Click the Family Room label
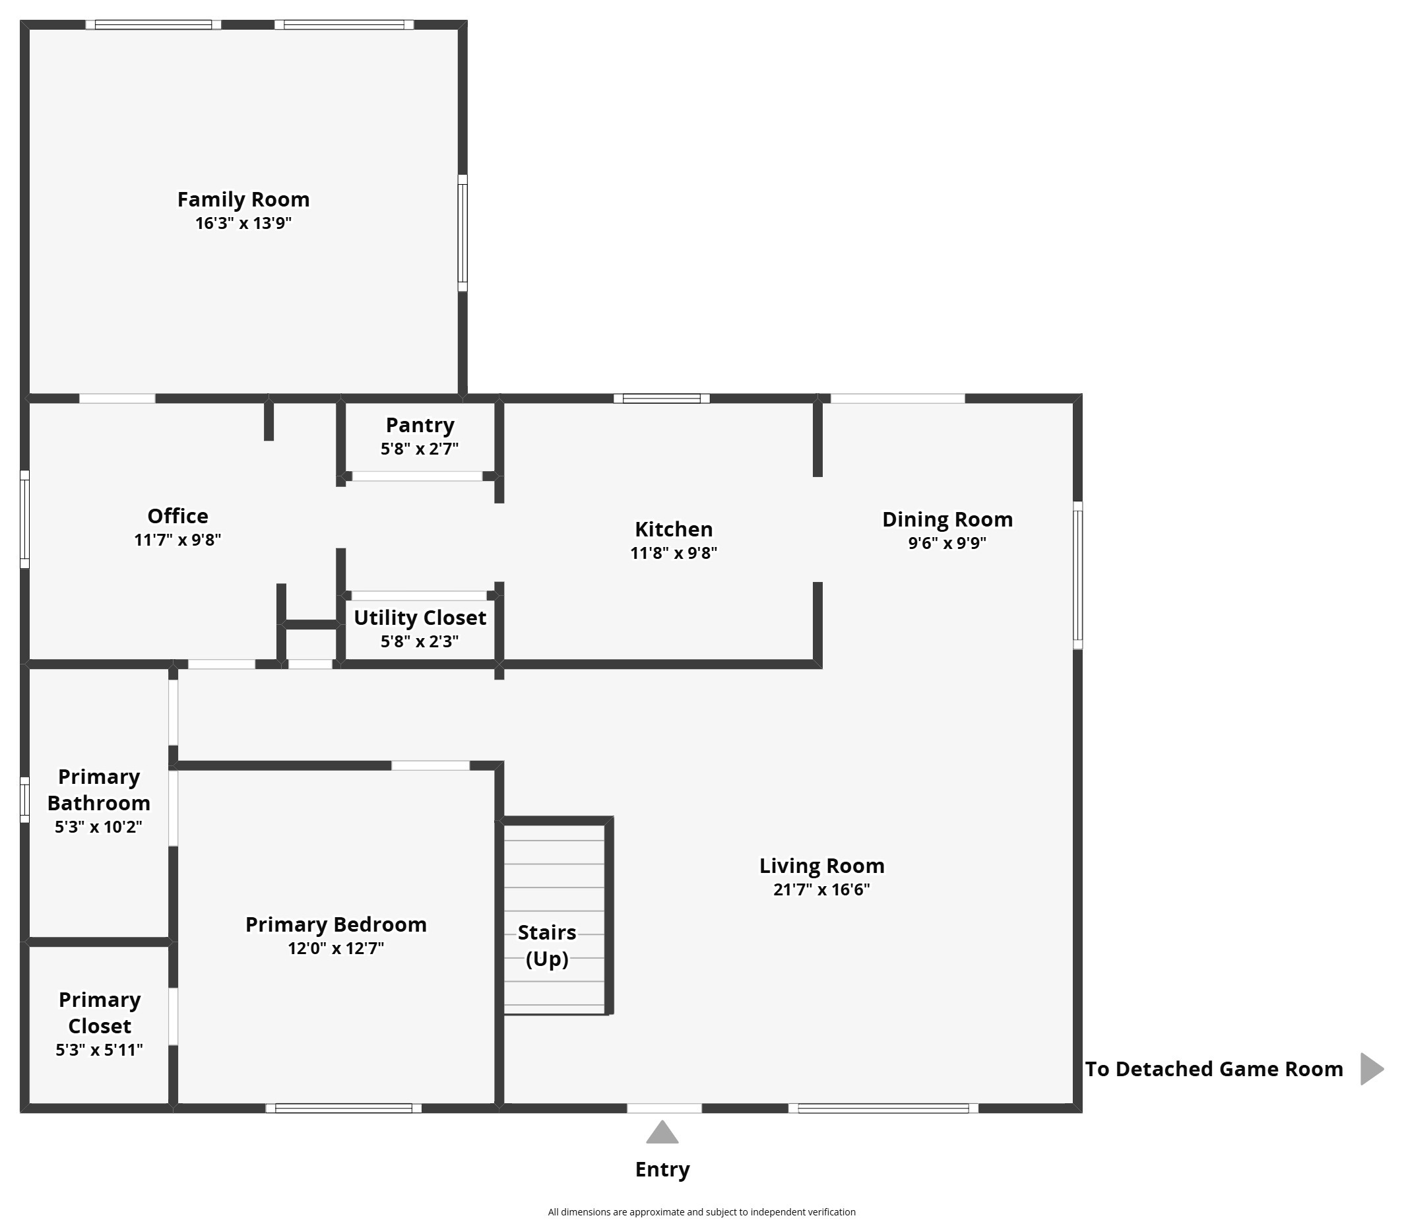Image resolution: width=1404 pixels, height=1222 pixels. pyautogui.click(x=243, y=200)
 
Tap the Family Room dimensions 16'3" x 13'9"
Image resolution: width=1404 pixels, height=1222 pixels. pyautogui.click(x=243, y=223)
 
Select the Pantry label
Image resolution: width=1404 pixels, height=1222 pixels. pyautogui.click(x=420, y=426)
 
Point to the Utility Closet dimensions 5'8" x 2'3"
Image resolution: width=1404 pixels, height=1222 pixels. pyautogui.click(x=420, y=641)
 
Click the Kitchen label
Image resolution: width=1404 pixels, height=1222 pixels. pyautogui.click(x=674, y=529)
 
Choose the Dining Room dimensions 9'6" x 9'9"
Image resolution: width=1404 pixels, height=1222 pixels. pyautogui.click(x=947, y=543)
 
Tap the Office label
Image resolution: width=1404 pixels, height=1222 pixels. pyautogui.click(x=178, y=516)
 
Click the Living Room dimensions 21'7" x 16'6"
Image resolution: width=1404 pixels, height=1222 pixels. pyautogui.click(x=821, y=889)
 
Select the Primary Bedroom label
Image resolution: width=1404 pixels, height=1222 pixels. pyautogui.click(x=336, y=924)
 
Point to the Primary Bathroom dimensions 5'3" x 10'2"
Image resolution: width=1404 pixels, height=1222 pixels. pyautogui.click(x=99, y=827)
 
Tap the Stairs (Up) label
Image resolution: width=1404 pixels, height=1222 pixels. pyautogui.click(x=547, y=945)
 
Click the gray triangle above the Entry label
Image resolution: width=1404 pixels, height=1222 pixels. pyautogui.click(x=662, y=1133)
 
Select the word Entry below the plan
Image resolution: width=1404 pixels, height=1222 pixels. pyautogui.click(x=662, y=1169)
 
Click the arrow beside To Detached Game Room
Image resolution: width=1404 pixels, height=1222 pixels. pyautogui.click(x=1372, y=1068)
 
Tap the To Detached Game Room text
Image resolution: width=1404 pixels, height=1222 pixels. pyautogui.click(x=1215, y=1069)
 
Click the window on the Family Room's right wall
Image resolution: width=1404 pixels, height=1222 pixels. pyautogui.click(x=463, y=233)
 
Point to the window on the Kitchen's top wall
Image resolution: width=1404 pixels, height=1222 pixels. pyautogui.click(x=662, y=399)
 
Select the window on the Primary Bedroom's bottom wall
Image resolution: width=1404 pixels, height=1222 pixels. pyautogui.click(x=344, y=1108)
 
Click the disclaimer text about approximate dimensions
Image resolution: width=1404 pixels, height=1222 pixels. pyautogui.click(x=701, y=1211)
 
